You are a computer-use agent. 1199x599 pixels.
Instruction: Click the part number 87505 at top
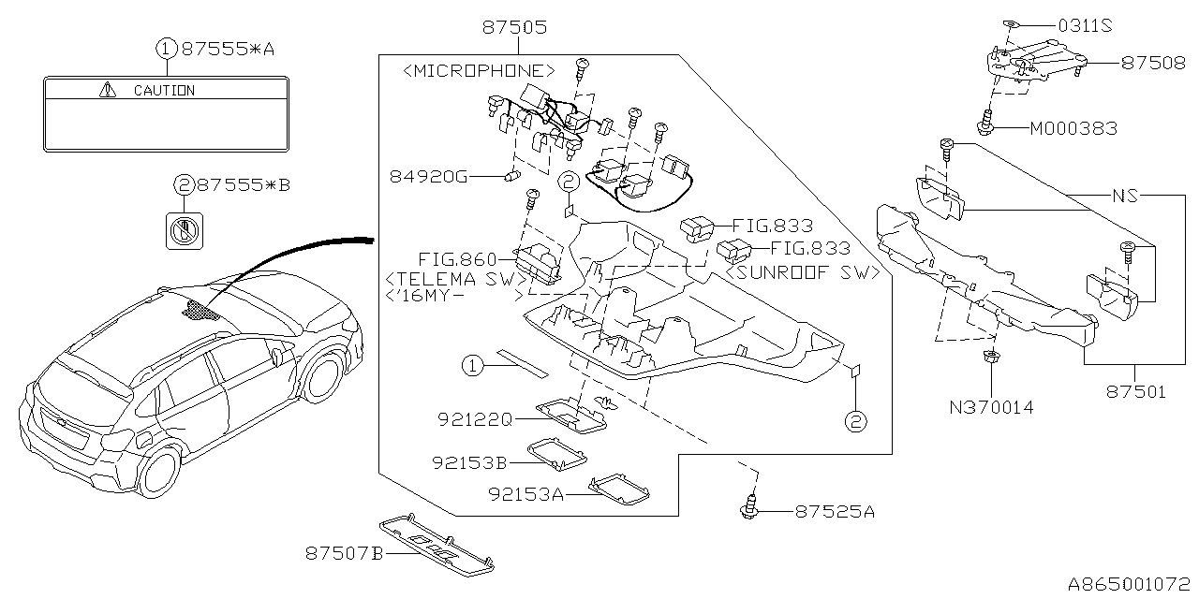pyautogui.click(x=514, y=28)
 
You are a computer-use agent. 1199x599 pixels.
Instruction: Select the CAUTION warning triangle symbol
pyautogui.click(x=110, y=91)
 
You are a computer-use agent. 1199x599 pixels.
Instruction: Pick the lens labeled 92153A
pyautogui.click(x=621, y=488)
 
